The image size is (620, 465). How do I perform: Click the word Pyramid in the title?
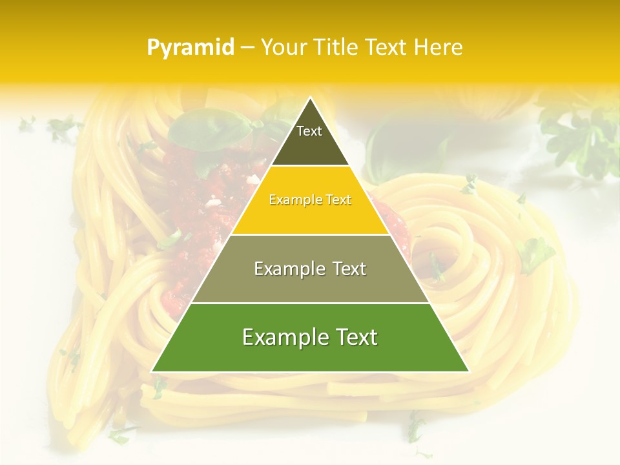190,48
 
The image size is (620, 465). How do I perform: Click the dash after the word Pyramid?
247,48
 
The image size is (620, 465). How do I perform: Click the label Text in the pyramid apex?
309,131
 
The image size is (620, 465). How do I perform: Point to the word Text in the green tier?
356,337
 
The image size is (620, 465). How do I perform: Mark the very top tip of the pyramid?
310,98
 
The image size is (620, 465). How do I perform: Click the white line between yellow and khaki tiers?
310,234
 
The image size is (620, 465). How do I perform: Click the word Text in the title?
387,48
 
